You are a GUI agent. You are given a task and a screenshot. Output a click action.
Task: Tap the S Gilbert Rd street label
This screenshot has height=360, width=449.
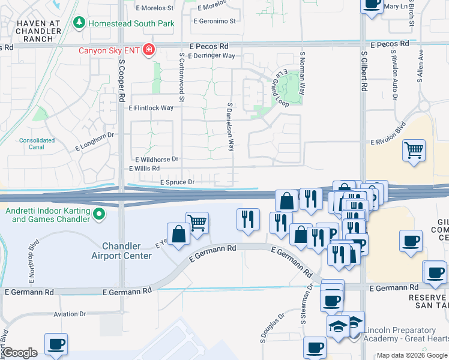point(364,71)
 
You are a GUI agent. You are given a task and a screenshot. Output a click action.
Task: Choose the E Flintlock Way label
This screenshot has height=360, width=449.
point(151,108)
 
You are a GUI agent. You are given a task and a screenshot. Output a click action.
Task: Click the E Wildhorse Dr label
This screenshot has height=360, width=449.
point(157,159)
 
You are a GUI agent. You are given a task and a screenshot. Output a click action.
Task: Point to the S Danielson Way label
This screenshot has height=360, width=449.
point(230,127)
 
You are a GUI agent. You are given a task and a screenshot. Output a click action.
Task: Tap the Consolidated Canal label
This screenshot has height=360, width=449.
point(36,143)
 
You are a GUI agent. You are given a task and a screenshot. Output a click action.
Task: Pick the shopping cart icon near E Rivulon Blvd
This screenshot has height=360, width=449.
point(414,150)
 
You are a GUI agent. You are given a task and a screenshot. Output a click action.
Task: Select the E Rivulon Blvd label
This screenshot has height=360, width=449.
point(393,142)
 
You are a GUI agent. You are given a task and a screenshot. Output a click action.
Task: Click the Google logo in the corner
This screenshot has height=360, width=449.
point(20,353)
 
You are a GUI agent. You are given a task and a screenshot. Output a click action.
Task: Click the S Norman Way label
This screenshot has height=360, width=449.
point(303,74)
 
